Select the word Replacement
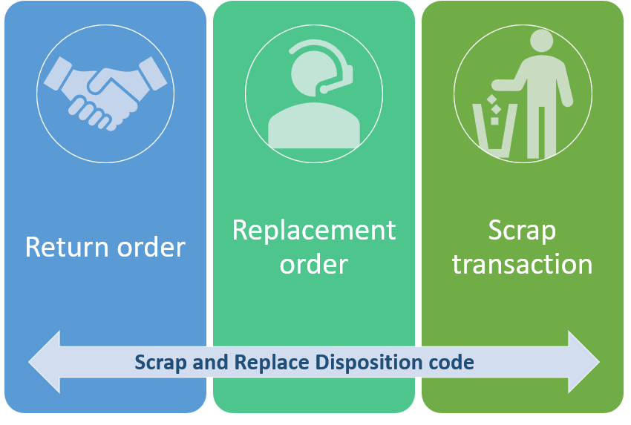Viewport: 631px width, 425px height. (x=314, y=231)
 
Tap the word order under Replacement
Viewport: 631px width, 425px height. (x=314, y=263)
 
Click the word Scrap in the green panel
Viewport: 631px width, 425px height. (x=522, y=231)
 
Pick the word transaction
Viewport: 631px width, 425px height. (x=522, y=263)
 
